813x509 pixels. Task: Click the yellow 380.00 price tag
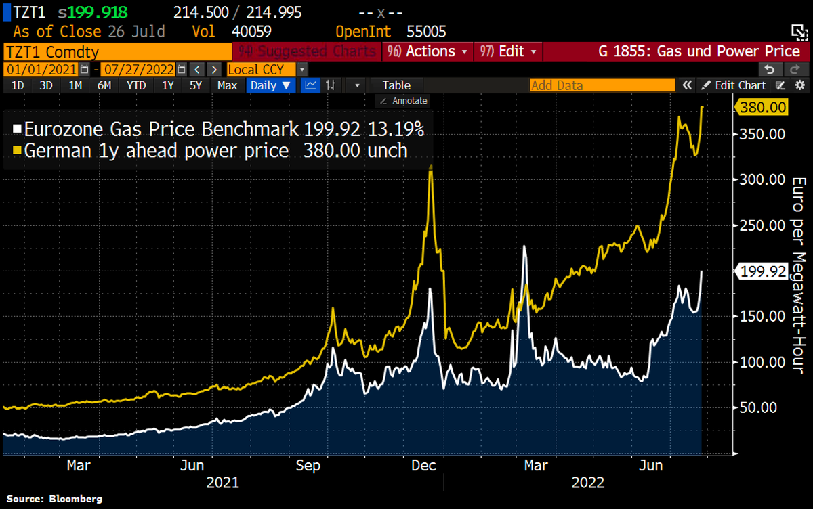point(763,107)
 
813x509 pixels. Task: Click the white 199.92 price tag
point(763,271)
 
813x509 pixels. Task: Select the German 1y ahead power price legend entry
point(210,150)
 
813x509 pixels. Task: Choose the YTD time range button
point(136,85)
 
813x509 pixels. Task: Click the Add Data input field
point(602,85)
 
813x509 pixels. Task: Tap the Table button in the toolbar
point(396,85)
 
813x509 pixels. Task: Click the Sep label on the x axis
point(308,466)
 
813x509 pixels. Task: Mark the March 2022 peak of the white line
point(524,246)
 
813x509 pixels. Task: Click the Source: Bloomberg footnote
point(55,499)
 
